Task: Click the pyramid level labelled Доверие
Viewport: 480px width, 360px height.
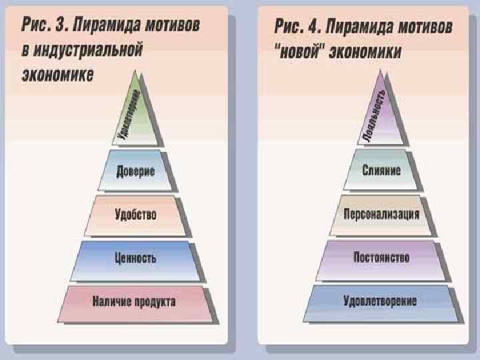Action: tap(135, 171)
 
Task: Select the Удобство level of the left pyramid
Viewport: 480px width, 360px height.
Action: tap(135, 214)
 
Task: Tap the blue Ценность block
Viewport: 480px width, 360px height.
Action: tap(135, 257)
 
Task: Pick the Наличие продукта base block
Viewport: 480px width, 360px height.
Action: tap(135, 302)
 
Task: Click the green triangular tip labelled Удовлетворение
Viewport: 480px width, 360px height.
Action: tap(135, 117)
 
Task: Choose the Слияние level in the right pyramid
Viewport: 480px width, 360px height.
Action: tap(381, 171)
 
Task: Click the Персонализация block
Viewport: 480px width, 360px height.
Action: tap(381, 214)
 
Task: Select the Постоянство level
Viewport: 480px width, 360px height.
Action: tap(381, 257)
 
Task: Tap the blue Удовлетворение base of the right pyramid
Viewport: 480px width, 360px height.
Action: tap(381, 301)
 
